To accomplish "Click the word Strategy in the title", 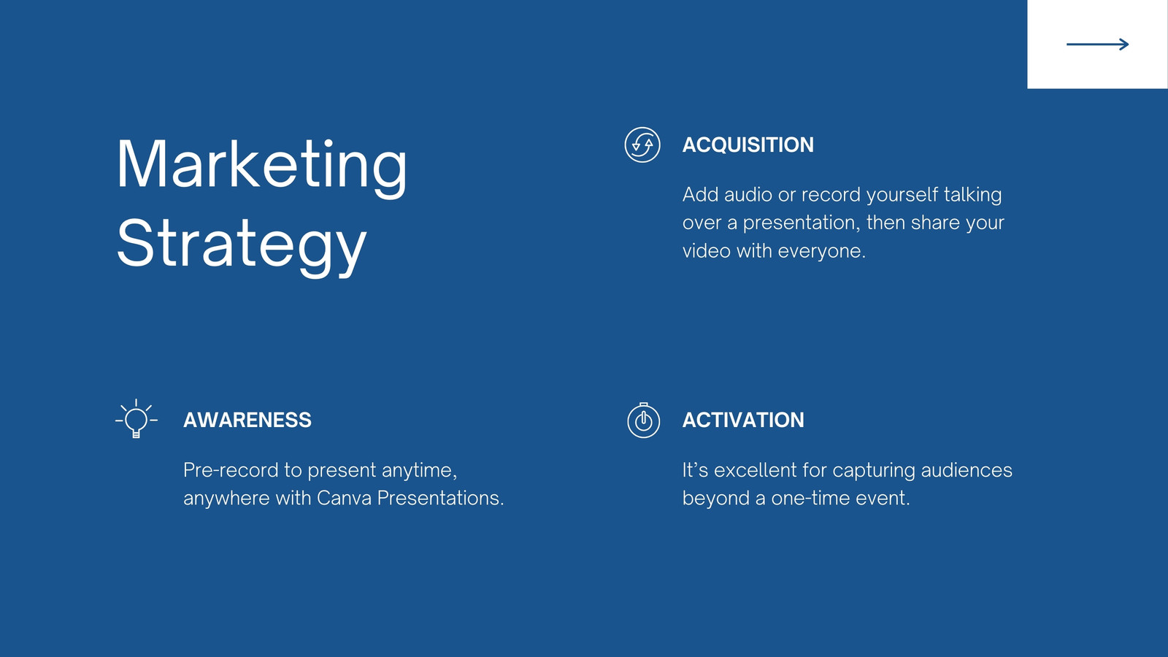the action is tap(242, 245).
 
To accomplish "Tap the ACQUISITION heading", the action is tap(748, 145).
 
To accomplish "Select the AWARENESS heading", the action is tap(247, 420).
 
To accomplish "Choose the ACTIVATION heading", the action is tap(743, 420).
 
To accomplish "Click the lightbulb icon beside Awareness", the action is tap(136, 419).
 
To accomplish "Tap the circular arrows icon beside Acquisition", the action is tap(642, 145).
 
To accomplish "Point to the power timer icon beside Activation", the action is tap(643, 420).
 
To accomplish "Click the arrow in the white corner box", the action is tap(1098, 45).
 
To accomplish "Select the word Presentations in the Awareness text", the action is tap(441, 498).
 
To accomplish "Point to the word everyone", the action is tap(822, 251).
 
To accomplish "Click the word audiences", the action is tap(967, 470).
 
